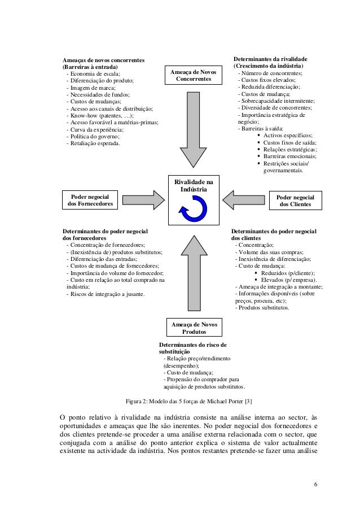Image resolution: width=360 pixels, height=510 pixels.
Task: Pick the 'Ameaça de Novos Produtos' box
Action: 193,328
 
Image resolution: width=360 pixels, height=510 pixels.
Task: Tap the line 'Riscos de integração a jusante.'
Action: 105,294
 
